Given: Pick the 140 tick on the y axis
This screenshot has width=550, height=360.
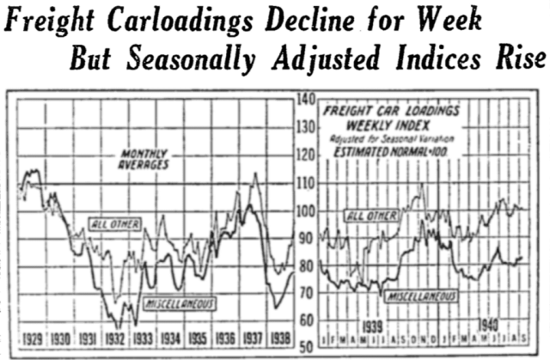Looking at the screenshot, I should point(306,99).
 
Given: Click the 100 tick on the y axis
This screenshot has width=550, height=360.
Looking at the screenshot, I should point(306,211).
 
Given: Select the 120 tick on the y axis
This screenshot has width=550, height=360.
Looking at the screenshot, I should point(306,156).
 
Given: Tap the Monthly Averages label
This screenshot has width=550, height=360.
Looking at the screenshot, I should point(144,159).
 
